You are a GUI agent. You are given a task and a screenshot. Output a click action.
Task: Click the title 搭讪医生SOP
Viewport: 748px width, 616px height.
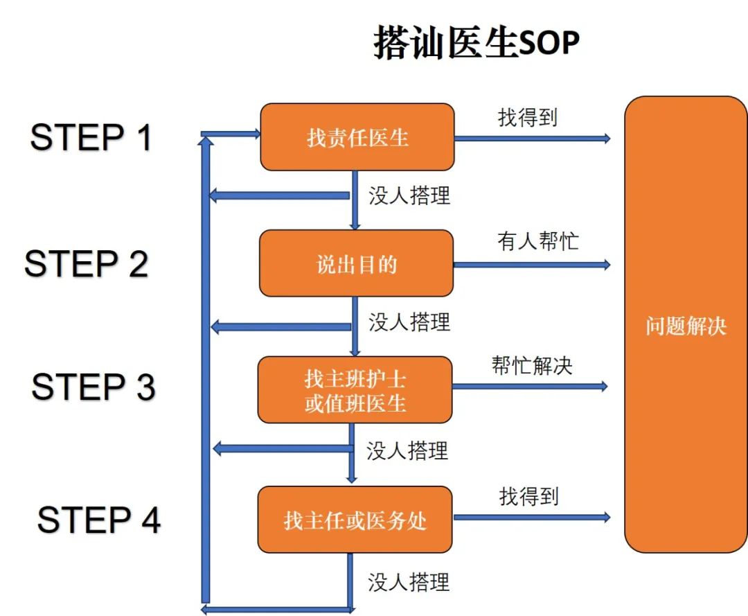pyautogui.click(x=476, y=43)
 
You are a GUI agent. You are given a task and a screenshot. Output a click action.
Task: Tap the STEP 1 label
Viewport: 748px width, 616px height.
pyautogui.click(x=91, y=137)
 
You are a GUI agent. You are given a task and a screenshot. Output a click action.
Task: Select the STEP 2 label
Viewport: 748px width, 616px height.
pyautogui.click(x=87, y=264)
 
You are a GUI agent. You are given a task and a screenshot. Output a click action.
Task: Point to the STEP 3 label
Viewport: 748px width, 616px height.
pyautogui.click(x=93, y=387)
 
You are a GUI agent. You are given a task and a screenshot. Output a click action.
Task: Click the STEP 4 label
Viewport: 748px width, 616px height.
pyautogui.click(x=98, y=520)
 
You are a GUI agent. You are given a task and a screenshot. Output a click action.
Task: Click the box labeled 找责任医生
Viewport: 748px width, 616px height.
pyautogui.click(x=357, y=137)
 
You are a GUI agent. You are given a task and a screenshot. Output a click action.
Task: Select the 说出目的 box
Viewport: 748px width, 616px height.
pyautogui.click(x=356, y=263)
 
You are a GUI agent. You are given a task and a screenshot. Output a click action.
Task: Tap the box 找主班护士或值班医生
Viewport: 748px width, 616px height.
pyautogui.click(x=355, y=389)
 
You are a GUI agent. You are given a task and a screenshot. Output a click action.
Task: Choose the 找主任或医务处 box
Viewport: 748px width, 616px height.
pyautogui.click(x=355, y=520)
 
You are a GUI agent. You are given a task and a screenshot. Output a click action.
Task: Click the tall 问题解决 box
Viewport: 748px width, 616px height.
pyautogui.click(x=686, y=324)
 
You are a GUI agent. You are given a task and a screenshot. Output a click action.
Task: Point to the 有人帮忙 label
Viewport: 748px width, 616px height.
pyautogui.click(x=537, y=241)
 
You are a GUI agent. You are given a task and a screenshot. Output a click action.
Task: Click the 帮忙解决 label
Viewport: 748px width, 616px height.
pyautogui.click(x=532, y=365)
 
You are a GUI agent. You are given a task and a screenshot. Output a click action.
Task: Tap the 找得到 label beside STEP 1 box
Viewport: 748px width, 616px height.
pyautogui.click(x=527, y=117)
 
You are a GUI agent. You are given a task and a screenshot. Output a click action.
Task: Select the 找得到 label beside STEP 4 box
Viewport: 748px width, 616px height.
pyautogui.click(x=528, y=496)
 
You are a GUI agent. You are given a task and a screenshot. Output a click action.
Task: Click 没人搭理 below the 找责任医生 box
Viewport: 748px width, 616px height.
pyautogui.click(x=409, y=195)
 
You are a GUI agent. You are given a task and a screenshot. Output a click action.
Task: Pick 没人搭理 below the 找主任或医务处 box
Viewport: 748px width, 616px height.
pyautogui.click(x=409, y=581)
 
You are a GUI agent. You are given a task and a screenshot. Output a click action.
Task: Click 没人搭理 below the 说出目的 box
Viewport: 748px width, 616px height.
pyautogui.click(x=409, y=322)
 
